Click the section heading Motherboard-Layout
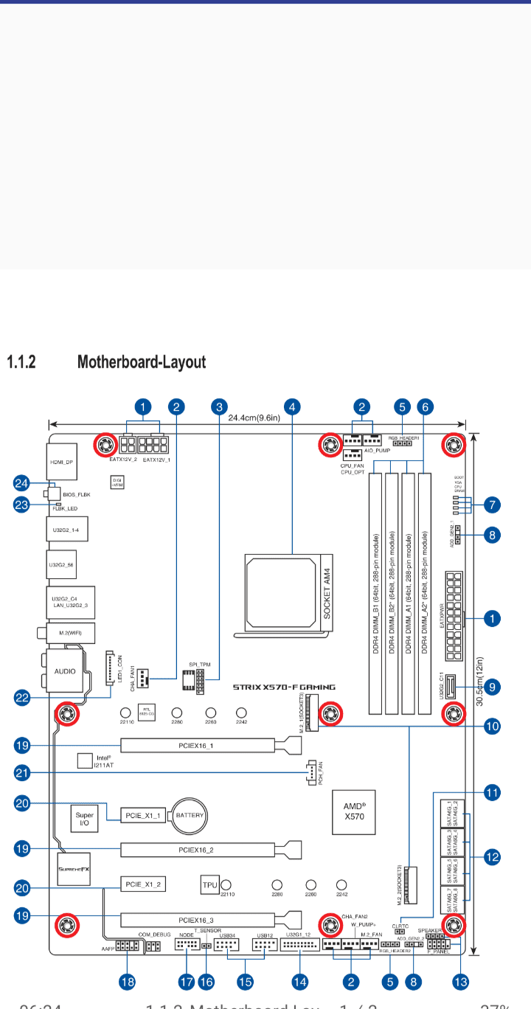[142, 362]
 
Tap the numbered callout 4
[293, 406]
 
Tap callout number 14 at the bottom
[299, 982]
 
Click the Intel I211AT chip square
[86, 759]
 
